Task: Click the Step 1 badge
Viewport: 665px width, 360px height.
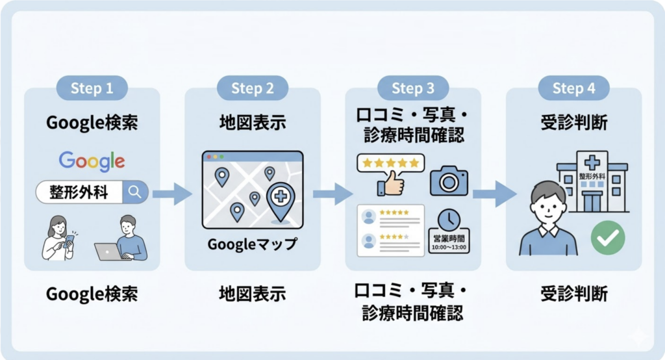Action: pos(92,88)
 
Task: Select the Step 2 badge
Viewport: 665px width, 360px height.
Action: pos(252,88)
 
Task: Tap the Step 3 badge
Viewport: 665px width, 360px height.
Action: pos(412,88)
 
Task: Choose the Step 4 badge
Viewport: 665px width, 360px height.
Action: pos(573,88)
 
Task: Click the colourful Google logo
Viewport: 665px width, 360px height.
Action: pos(92,161)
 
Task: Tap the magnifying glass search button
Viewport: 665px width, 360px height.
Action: pos(135,192)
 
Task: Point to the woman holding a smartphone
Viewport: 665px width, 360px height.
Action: pos(59,238)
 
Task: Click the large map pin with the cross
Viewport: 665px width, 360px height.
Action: pos(280,198)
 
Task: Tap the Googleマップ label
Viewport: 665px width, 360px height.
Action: pos(252,245)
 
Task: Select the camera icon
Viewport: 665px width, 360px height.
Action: pos(448,181)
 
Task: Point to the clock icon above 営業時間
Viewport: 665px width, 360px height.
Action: pos(448,219)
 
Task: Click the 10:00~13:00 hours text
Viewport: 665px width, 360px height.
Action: pos(448,248)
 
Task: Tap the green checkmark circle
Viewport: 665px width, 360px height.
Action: pos(608,239)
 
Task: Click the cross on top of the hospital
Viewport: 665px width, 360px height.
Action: pos(592,162)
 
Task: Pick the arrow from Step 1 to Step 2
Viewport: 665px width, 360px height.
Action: pos(171,193)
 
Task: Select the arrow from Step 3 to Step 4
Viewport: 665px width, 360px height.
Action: pos(494,193)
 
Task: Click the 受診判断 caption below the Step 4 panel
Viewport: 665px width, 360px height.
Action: pos(573,294)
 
